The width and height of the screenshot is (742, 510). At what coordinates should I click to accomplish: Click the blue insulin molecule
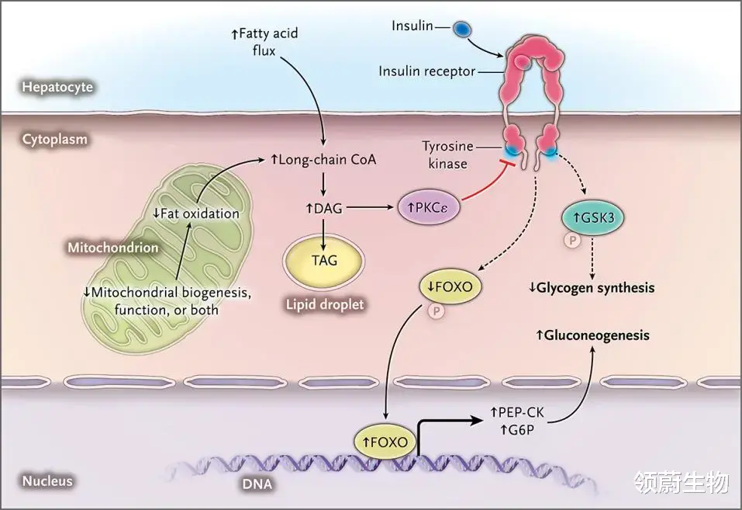[x=462, y=29]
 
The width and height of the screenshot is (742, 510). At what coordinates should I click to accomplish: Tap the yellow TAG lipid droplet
[x=323, y=261]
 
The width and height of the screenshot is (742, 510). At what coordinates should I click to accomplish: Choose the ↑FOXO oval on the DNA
[x=385, y=441]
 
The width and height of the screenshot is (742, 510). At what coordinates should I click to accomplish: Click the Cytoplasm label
[x=55, y=140]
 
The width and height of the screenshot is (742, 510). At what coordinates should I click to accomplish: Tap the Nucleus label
[x=47, y=481]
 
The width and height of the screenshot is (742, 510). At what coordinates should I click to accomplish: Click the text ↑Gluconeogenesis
[x=592, y=335]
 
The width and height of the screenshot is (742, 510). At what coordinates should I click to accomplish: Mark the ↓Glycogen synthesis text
[x=591, y=287]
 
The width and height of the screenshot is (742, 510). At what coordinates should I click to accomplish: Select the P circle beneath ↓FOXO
[x=435, y=311]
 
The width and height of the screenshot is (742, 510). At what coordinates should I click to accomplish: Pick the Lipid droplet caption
[x=326, y=304]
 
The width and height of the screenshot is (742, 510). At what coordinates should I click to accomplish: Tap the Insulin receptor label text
[x=426, y=71]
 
